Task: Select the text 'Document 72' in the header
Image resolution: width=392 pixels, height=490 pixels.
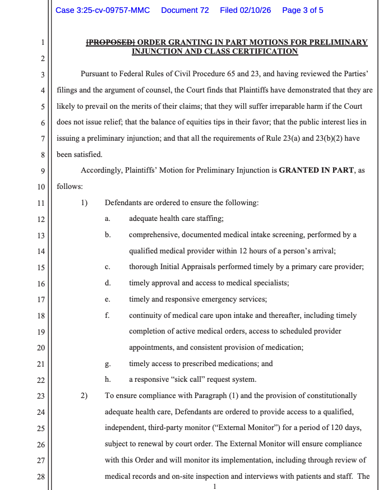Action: [x=185, y=10]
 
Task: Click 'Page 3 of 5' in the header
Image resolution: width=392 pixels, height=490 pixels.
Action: [x=302, y=10]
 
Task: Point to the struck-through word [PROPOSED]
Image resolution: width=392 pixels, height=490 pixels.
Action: [x=110, y=42]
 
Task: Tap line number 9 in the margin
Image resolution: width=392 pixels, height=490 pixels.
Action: [x=44, y=170]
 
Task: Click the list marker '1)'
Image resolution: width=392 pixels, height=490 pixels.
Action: [x=84, y=202]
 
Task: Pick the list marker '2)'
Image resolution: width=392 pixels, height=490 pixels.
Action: [x=84, y=395]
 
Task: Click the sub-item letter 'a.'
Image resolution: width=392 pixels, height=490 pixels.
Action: [x=107, y=219]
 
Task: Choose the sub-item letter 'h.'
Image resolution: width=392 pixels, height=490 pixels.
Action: [x=107, y=380]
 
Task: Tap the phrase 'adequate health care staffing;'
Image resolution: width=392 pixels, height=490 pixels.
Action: [x=176, y=219]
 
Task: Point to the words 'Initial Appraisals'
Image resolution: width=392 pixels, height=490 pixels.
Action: [x=185, y=267]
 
